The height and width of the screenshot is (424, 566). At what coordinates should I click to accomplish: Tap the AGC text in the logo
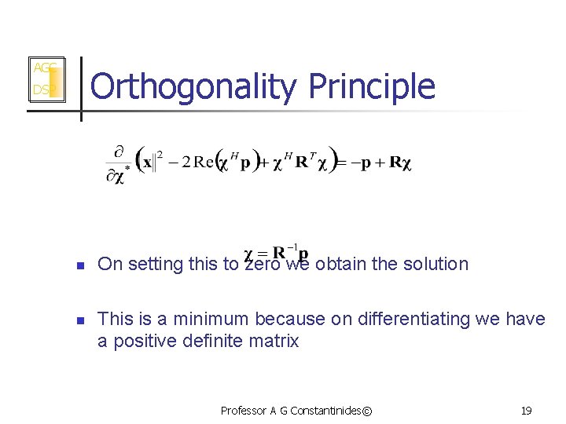[43, 68]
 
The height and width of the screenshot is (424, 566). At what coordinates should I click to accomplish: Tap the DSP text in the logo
[42, 90]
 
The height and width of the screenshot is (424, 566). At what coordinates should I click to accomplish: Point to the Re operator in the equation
[204, 163]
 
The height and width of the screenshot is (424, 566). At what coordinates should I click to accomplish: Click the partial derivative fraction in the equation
[118, 163]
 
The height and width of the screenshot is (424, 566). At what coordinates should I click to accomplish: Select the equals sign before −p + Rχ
[342, 163]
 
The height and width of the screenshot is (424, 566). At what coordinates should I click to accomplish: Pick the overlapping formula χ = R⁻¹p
[277, 253]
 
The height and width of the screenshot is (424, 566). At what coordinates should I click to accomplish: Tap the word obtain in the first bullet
[340, 264]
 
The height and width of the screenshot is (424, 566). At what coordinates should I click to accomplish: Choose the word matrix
[274, 341]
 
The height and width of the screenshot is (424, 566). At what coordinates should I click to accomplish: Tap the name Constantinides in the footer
[325, 410]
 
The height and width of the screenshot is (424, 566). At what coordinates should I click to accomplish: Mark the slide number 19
[526, 410]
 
